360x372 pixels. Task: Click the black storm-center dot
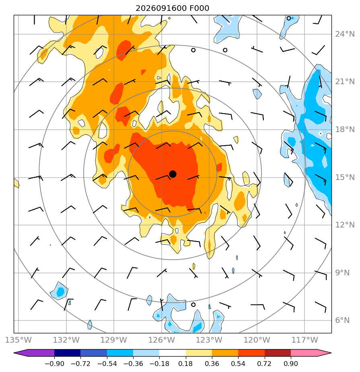[173, 174]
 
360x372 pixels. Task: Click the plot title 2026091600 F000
[172, 8]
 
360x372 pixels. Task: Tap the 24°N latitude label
[345, 34]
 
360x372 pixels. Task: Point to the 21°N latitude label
[345, 82]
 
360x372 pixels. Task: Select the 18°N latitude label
[345, 130]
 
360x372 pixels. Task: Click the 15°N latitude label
[345, 177]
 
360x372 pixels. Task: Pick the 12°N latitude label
[345, 225]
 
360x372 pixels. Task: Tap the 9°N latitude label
[342, 273]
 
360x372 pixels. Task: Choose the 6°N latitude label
[342, 320]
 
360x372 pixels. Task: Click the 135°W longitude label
[18, 340]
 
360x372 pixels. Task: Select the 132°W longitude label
[66, 340]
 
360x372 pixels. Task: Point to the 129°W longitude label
[114, 340]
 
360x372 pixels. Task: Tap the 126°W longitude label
[162, 340]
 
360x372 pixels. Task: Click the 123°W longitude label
[209, 340]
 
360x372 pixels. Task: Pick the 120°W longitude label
[257, 340]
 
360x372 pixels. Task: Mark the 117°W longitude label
[304, 340]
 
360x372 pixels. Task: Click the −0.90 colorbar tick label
[54, 364]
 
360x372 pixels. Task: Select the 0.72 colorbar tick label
[265, 364]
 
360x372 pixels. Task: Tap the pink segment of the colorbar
[308, 353]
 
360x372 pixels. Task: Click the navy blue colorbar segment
[67, 353]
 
